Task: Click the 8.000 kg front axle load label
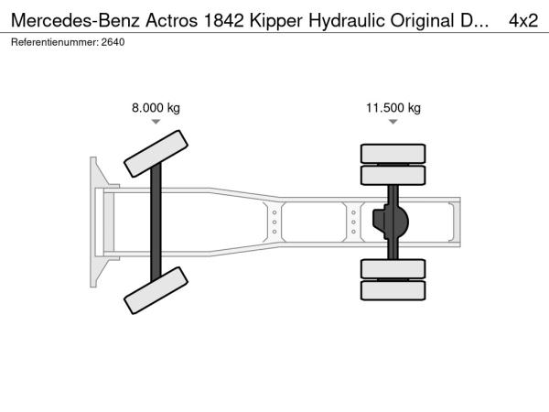[x=156, y=107]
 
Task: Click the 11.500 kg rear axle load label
[x=393, y=107]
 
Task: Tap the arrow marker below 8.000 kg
[x=156, y=122]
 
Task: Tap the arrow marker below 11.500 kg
[x=393, y=122]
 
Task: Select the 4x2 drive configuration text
[x=523, y=21]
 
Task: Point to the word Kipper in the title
[x=276, y=21]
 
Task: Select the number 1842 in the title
[x=223, y=21]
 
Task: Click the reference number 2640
[x=113, y=42]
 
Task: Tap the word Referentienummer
[x=54, y=42]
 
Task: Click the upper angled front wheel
[x=156, y=154]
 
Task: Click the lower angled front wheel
[x=156, y=290]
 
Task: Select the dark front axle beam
[x=156, y=222]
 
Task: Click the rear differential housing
[x=391, y=222]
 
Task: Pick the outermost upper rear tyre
[x=393, y=154]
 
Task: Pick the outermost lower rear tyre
[x=393, y=290]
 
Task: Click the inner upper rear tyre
[x=393, y=175]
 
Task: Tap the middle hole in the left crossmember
[x=274, y=222]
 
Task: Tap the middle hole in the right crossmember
[x=353, y=222]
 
